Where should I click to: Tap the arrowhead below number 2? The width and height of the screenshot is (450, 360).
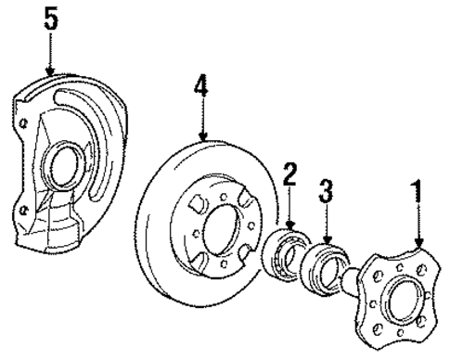[x=289, y=228]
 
